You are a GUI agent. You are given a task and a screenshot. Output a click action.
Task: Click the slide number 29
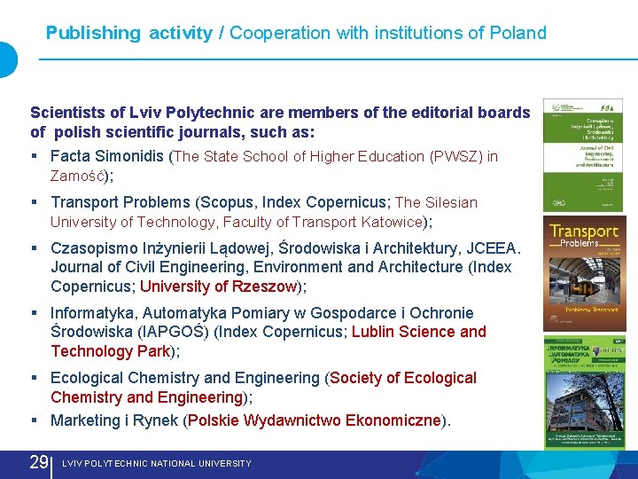pos(39,462)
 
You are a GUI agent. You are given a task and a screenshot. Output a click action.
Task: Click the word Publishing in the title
pos(93,34)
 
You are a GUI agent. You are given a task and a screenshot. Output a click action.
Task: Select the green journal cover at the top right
pos(582,154)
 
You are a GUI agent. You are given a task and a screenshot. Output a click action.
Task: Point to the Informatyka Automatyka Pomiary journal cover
pos(584,391)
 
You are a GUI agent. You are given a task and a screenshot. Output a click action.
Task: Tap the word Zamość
pos(78,176)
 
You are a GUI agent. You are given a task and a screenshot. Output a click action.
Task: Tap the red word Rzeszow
pos(264,287)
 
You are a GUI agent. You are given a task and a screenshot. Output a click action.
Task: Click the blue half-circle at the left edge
pos(7,59)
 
